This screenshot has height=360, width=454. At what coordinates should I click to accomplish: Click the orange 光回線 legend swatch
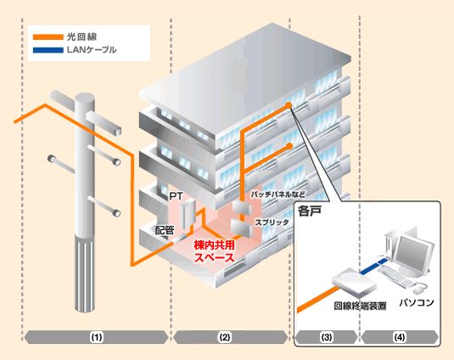point(48,37)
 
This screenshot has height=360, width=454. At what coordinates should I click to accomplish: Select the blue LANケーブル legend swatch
point(48,50)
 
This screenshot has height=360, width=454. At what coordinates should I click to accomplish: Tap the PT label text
point(176,196)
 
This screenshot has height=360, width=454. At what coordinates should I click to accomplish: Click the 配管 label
point(165,231)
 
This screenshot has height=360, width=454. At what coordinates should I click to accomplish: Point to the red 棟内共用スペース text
point(214,251)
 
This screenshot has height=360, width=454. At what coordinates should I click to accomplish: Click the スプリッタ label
point(272,222)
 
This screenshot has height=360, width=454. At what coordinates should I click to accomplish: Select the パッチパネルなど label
point(277,194)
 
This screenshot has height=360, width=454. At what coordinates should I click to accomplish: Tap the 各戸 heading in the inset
point(310,211)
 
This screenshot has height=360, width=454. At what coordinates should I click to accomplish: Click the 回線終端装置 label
point(360,306)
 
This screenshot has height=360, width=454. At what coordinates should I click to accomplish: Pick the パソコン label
point(417,302)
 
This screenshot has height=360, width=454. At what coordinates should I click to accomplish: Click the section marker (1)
point(97,337)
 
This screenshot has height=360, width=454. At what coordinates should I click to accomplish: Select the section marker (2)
point(224,337)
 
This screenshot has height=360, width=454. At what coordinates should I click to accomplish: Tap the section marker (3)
point(327,337)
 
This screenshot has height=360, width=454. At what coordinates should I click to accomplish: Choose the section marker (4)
point(400,337)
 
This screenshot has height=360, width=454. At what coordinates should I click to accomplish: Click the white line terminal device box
point(354,281)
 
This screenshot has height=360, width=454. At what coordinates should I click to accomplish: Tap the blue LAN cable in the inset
point(373,266)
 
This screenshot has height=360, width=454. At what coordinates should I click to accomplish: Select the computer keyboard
point(395,275)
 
